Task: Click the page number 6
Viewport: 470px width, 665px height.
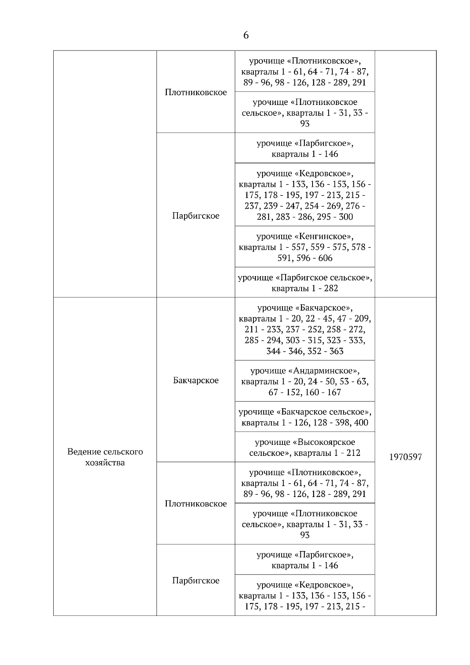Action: pyautogui.click(x=246, y=35)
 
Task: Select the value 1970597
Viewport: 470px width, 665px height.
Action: pyautogui.click(x=405, y=457)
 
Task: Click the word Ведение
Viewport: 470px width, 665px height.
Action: pyautogui.click(x=83, y=452)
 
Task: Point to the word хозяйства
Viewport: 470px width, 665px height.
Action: pyautogui.click(x=105, y=463)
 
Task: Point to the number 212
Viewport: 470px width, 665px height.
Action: pyautogui.click(x=353, y=453)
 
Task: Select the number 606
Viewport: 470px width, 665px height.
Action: pyautogui.click(x=325, y=258)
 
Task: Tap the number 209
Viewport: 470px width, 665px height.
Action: pyautogui.click(x=363, y=319)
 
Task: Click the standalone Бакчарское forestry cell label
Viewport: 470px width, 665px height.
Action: pyautogui.click(x=196, y=380)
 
